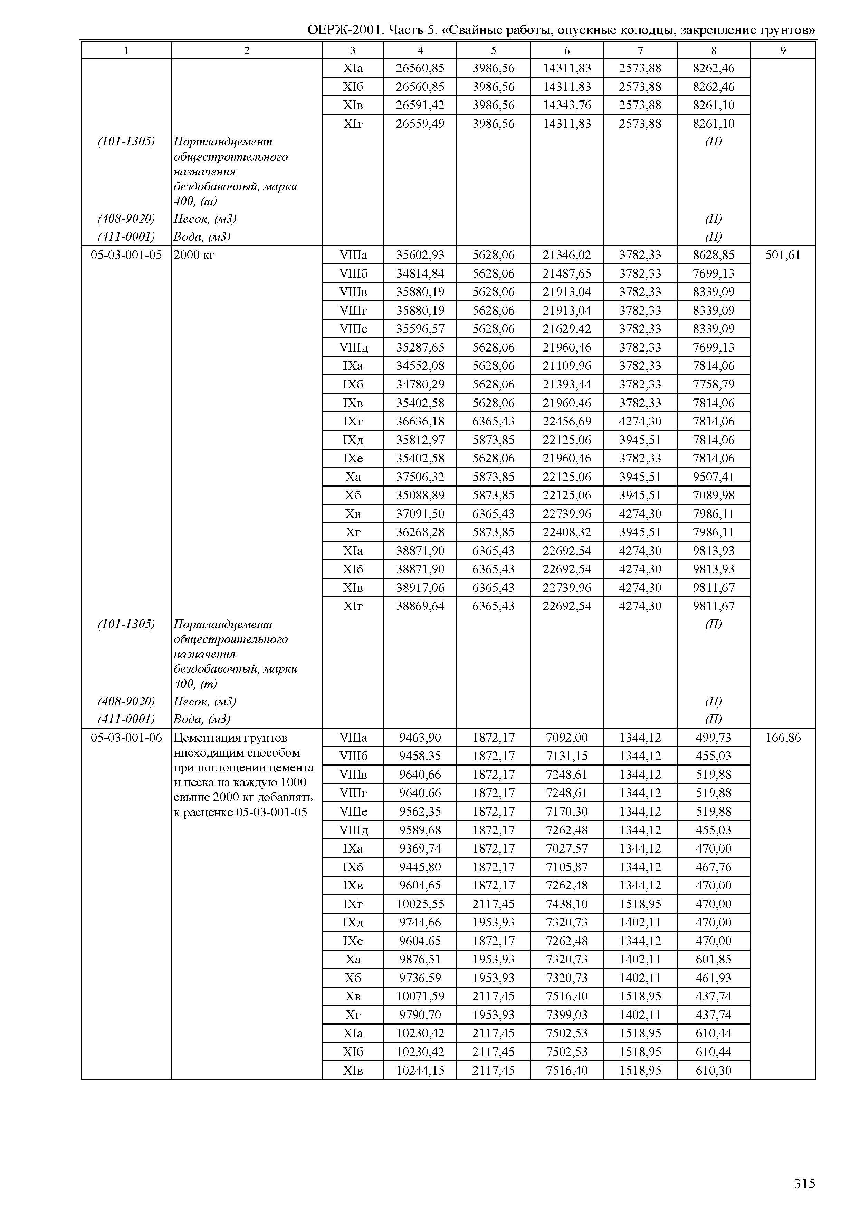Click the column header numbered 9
[x=782, y=51]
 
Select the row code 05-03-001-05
[x=126, y=255]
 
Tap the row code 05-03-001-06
[x=126, y=738]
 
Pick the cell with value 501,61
[x=783, y=255]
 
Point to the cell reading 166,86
[x=783, y=738]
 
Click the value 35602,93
[x=420, y=255]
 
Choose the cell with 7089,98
[x=713, y=496]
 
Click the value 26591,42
[x=420, y=105]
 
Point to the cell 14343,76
[x=567, y=105]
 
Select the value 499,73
[x=713, y=738]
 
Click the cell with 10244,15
[x=420, y=1070]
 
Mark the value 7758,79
[x=713, y=384]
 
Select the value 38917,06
[x=420, y=588]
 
